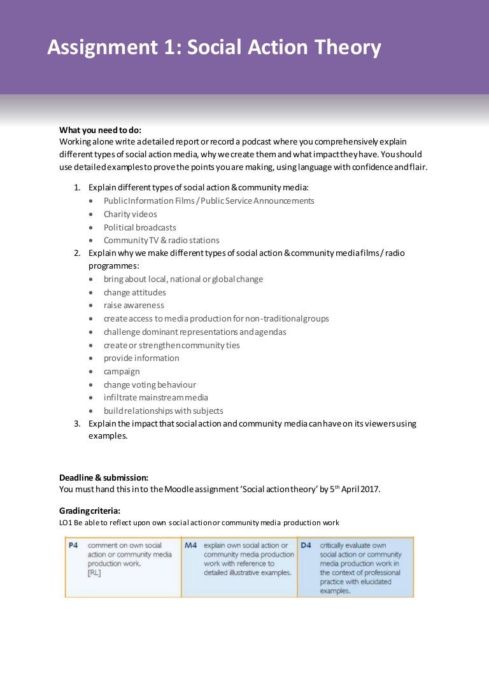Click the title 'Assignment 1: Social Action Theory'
tap(214, 48)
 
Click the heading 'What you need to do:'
tap(100, 130)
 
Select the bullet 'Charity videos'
tap(130, 214)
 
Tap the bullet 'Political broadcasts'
tap(139, 227)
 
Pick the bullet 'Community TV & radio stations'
tap(161, 240)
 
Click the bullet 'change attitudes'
tap(134, 292)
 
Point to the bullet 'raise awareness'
tap(134, 306)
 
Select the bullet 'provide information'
tap(141, 358)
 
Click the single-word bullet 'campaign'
tap(122, 371)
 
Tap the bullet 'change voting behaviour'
tap(150, 385)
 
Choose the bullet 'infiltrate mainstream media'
tap(155, 398)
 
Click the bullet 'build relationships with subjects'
tap(163, 411)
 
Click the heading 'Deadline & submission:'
tap(104, 477)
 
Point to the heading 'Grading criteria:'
tap(90, 511)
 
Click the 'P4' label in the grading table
tap(73, 546)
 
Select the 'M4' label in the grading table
tap(190, 546)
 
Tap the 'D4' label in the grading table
tap(306, 546)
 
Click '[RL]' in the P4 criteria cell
tap(94, 572)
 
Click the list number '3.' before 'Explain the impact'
tap(76, 423)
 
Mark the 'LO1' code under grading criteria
tap(66, 523)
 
